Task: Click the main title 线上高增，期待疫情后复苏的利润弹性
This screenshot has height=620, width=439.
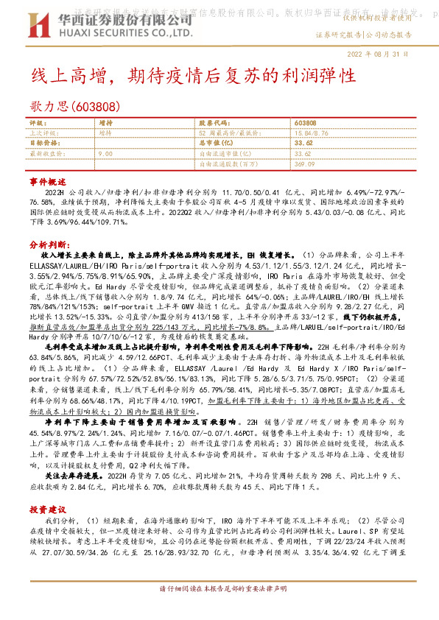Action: (194, 76)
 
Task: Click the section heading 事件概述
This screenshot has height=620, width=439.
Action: (47, 180)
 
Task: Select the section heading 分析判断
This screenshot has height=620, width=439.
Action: (49, 243)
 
